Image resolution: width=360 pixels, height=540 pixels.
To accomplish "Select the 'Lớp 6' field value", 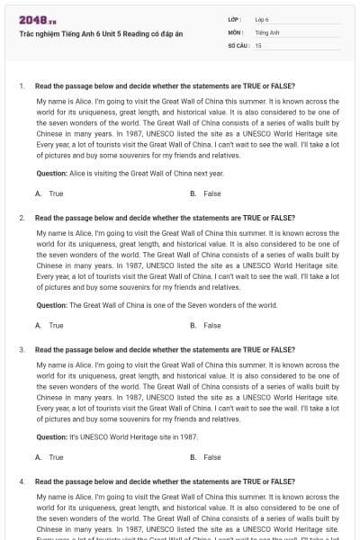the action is click(262, 19).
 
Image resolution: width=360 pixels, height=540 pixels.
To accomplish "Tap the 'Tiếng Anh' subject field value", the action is click(267, 31).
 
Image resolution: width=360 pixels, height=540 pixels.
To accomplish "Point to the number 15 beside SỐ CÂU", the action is click(258, 44).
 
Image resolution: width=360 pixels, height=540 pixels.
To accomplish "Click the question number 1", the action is click(21, 85).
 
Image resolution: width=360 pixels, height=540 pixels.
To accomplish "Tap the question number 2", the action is click(21, 218).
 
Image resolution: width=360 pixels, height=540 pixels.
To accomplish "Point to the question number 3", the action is click(21, 349).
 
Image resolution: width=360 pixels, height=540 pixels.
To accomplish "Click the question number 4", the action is click(21, 481).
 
